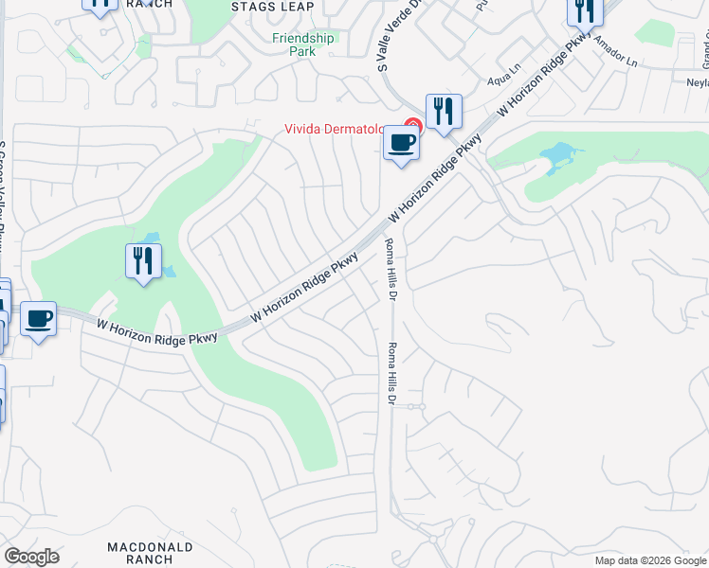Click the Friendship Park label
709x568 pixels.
point(303,44)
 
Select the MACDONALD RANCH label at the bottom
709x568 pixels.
point(150,554)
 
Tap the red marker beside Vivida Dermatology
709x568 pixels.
point(412,125)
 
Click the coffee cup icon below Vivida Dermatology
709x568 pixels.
point(401,145)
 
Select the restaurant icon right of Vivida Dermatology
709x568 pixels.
point(444,112)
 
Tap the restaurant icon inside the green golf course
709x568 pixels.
point(143,261)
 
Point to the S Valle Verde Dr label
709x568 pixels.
point(384,37)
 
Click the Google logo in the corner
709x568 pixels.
point(32,557)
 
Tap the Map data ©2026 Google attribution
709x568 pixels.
point(650,560)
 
